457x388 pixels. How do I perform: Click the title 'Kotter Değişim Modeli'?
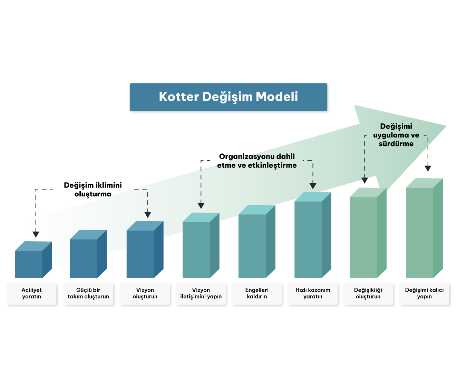[x=228, y=97]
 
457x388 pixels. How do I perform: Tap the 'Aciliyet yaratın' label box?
[x=31, y=294]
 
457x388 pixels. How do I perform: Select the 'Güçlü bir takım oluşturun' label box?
[x=88, y=294]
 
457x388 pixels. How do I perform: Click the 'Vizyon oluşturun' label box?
[x=145, y=294]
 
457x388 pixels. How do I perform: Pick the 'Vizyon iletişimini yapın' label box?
[x=201, y=294]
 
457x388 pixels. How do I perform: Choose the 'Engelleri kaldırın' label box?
[x=257, y=294]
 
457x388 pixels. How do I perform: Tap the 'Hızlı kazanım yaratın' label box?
[x=313, y=294]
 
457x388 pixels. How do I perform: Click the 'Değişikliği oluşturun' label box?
[x=368, y=294]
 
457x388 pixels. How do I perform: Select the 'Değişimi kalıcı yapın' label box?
[x=424, y=294]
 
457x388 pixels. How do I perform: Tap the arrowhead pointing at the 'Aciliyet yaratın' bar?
[x=36, y=235]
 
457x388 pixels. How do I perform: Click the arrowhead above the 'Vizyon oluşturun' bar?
[x=148, y=215]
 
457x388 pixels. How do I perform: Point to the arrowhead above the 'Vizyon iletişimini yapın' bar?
[x=201, y=206]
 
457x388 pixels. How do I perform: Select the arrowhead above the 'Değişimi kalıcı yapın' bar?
[x=428, y=169]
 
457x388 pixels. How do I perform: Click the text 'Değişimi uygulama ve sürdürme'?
[x=396, y=135]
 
